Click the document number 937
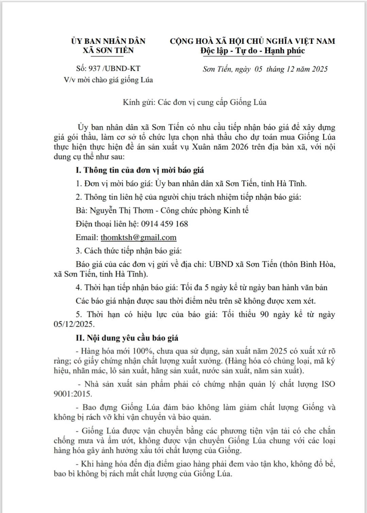click(x=94, y=68)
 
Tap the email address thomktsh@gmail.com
click(x=138, y=237)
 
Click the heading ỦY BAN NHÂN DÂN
click(x=108, y=41)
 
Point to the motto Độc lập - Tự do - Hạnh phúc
click(x=252, y=51)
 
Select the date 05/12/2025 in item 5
click(x=73, y=324)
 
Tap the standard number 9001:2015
click(x=72, y=394)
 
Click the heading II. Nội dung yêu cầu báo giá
click(x=127, y=338)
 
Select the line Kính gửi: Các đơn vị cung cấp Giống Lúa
click(x=195, y=102)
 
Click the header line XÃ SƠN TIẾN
click(x=108, y=51)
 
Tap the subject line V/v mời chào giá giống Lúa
click(x=108, y=80)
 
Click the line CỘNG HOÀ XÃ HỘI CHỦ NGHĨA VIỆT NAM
click(x=252, y=41)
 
